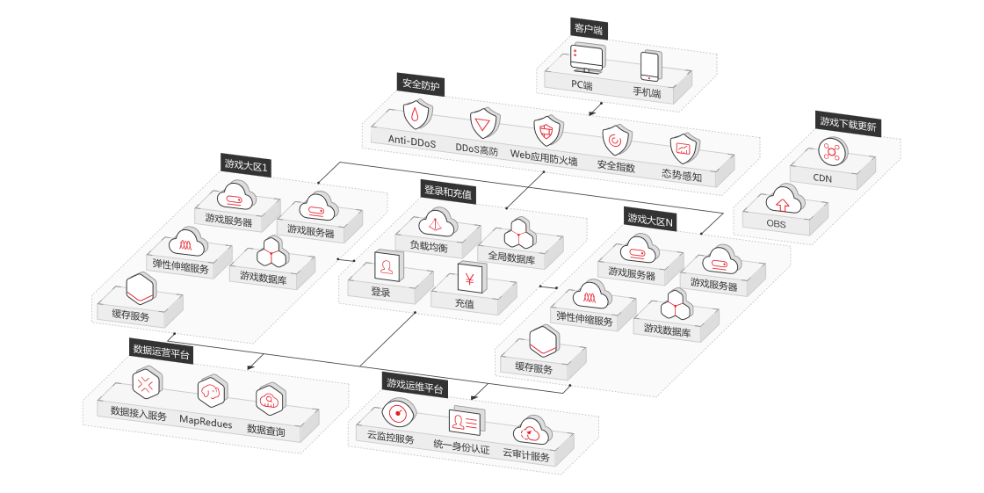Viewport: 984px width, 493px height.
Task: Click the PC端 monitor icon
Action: (x=588, y=58)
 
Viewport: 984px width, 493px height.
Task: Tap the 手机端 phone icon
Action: (x=650, y=66)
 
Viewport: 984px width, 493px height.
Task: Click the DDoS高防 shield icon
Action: (x=484, y=123)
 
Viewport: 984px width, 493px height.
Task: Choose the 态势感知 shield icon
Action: (x=684, y=149)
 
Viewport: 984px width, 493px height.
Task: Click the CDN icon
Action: (x=833, y=152)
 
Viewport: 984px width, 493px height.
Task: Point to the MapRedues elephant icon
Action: (x=212, y=393)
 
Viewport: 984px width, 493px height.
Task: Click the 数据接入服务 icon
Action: (x=147, y=384)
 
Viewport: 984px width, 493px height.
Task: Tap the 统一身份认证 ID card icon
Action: (x=467, y=423)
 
